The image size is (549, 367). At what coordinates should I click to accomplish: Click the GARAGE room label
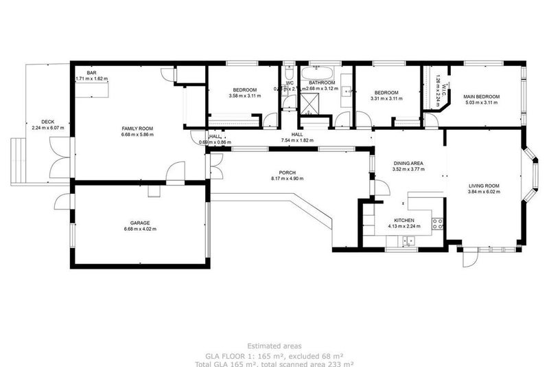[140, 223]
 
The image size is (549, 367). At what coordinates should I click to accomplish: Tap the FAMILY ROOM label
[137, 129]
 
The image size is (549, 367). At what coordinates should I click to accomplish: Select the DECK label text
[47, 122]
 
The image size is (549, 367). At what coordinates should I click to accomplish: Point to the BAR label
[91, 73]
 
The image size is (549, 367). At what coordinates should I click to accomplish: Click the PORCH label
[287, 173]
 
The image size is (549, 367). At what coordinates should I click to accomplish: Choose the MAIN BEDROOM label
[481, 97]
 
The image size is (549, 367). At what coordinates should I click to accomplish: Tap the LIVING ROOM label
[484, 186]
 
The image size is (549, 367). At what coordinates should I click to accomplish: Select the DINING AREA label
[408, 163]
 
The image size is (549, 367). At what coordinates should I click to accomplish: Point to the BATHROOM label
[321, 82]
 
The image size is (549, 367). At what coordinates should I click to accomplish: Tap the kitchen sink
[408, 241]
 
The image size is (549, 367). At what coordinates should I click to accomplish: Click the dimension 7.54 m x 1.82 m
[297, 140]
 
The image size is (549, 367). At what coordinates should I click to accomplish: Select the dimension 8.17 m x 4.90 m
[287, 179]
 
